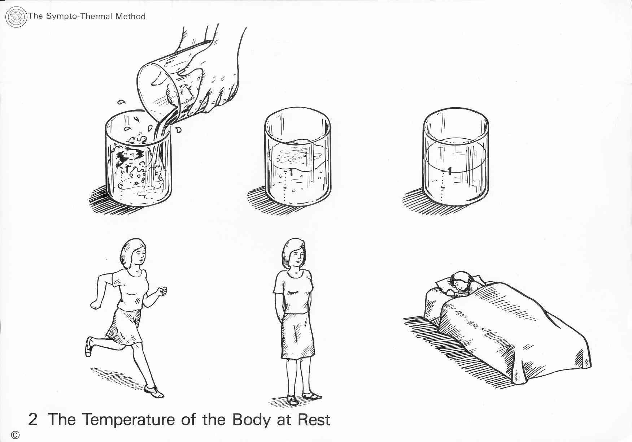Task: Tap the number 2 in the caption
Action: [32, 420]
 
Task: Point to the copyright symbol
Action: [15, 435]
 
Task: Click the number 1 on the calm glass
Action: [449, 170]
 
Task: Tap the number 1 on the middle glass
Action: [291, 173]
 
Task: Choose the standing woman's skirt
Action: [297, 336]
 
